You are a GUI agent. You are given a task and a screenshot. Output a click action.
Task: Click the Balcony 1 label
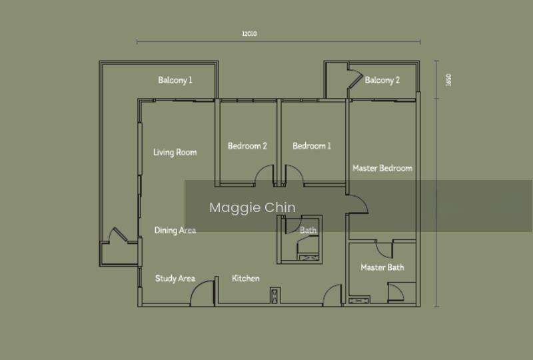[175, 80]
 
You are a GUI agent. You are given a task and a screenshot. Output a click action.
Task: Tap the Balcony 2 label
[382, 80]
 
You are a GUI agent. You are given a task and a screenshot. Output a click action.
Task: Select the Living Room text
[175, 153]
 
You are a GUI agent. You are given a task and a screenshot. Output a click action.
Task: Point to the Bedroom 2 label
[247, 146]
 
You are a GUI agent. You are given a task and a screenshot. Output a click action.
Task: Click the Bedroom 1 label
[312, 146]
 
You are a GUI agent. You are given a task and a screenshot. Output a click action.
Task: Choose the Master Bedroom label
[382, 168]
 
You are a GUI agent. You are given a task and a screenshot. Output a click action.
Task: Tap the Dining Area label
[175, 231]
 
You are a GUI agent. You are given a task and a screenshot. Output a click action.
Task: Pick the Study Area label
[175, 279]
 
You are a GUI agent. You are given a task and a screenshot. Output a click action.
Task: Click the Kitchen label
[245, 279]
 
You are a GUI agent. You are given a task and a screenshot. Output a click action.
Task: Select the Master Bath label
[382, 267]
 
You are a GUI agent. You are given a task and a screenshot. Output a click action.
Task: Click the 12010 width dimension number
[249, 34]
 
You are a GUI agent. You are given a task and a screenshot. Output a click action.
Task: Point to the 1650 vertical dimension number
[448, 80]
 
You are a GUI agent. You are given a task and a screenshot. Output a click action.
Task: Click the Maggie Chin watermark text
[253, 207]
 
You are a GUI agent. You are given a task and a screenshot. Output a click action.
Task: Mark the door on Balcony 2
[355, 79]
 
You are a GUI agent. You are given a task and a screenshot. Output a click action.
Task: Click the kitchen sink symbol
[275, 295]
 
